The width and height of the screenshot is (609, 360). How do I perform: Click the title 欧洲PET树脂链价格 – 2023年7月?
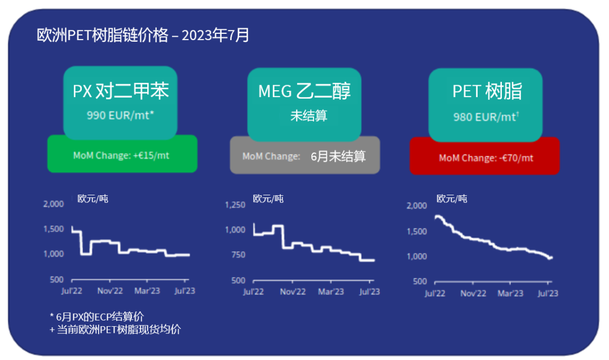(143, 36)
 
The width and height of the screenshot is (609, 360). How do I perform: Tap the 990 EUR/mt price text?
(120, 116)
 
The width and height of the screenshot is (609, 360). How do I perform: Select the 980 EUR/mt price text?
(486, 117)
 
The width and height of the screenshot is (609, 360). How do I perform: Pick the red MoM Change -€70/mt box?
(485, 157)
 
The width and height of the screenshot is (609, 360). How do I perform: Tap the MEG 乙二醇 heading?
(304, 91)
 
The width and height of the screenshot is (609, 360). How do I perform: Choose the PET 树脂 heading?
(487, 91)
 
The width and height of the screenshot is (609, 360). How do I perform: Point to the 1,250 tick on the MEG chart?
(235, 205)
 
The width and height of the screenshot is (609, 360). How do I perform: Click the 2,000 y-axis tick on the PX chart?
(54, 204)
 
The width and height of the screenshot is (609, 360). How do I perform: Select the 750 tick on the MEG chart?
(239, 255)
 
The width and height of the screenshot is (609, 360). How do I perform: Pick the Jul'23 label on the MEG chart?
(369, 292)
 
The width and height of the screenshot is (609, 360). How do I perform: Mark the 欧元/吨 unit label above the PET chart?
(452, 199)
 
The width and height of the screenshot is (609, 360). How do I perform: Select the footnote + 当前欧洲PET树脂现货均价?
(115, 330)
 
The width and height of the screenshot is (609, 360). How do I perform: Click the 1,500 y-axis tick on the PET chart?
(418, 231)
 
